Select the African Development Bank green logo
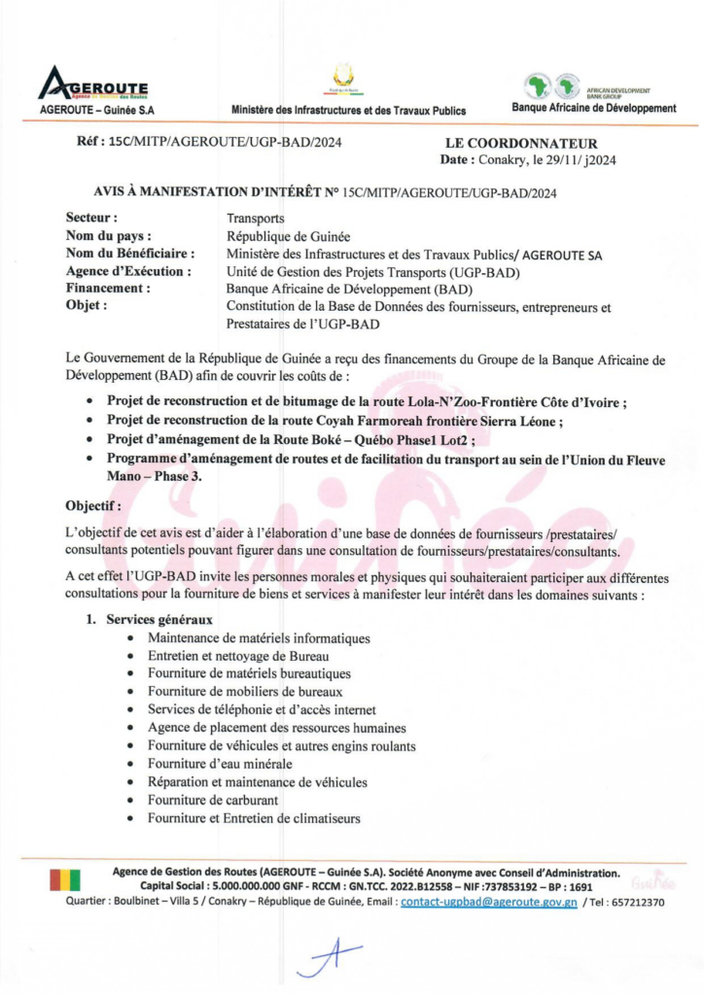pyautogui.click(x=552, y=86)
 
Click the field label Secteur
pyautogui.click(x=91, y=219)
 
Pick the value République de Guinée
pyautogui.click(x=287, y=237)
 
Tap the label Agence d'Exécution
pyautogui.click(x=127, y=272)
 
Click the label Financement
pyautogui.click(x=107, y=290)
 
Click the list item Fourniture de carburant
pyautogui.click(x=213, y=801)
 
